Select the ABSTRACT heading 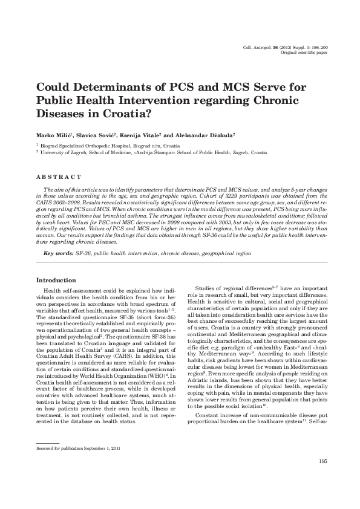pos(59,177)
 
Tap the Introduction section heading pos(56,280)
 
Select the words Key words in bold pos(57,254)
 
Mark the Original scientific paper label pos(304,53)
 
